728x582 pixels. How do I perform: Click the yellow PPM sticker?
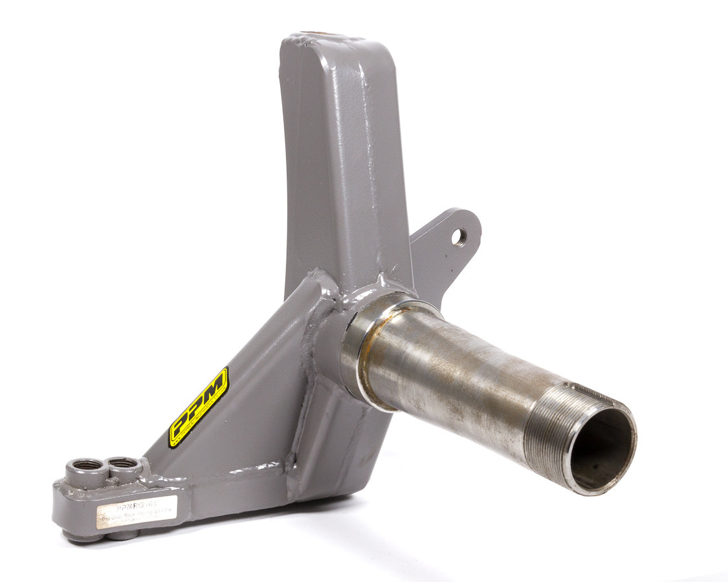click(x=198, y=407)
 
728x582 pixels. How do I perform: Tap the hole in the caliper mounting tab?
click(x=458, y=237)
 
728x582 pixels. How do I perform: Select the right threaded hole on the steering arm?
click(x=123, y=463)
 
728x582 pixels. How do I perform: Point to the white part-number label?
click(x=127, y=509)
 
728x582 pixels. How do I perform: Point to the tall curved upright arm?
click(x=336, y=162)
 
